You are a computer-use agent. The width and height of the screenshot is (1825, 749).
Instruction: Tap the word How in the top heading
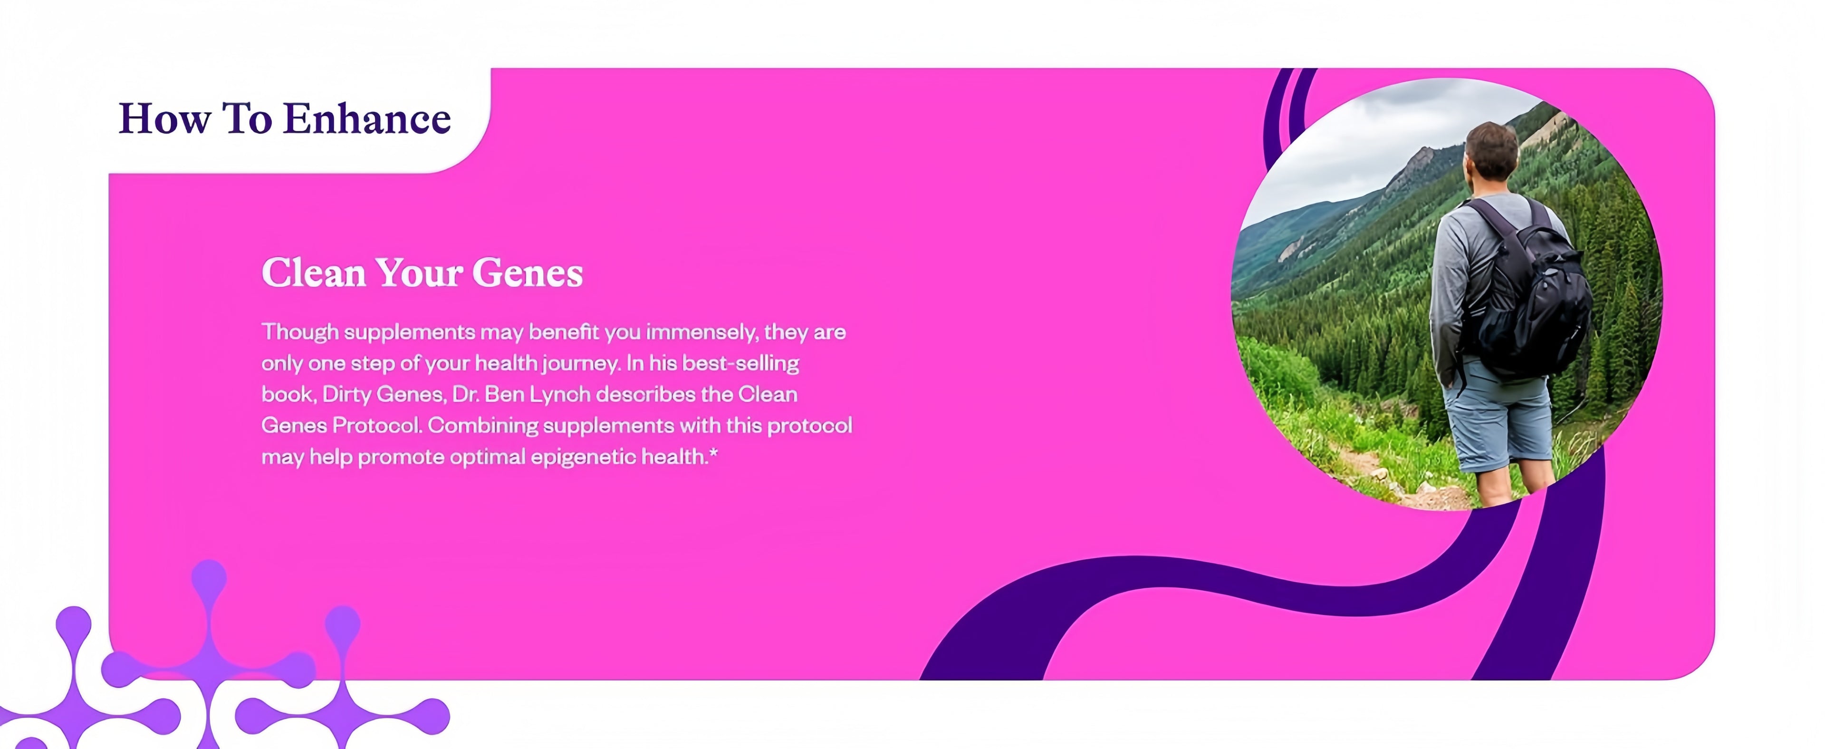coord(164,118)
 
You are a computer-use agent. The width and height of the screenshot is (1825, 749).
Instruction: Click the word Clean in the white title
coord(313,272)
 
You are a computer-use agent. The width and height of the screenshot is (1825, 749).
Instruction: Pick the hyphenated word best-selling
coord(740,363)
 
